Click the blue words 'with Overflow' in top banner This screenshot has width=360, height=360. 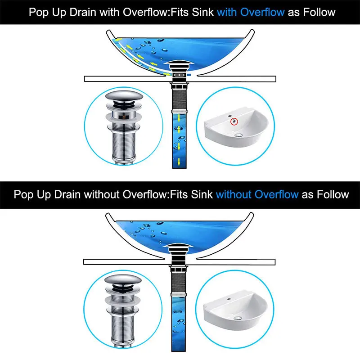click(x=251, y=12)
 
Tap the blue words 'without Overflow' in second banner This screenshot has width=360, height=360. click(x=257, y=194)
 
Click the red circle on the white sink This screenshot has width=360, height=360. click(x=234, y=121)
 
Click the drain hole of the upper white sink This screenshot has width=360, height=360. click(x=238, y=134)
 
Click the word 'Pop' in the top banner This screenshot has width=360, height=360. click(x=39, y=12)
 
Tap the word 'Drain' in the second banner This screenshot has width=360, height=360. click(x=68, y=194)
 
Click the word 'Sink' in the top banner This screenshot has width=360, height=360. click(x=201, y=12)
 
